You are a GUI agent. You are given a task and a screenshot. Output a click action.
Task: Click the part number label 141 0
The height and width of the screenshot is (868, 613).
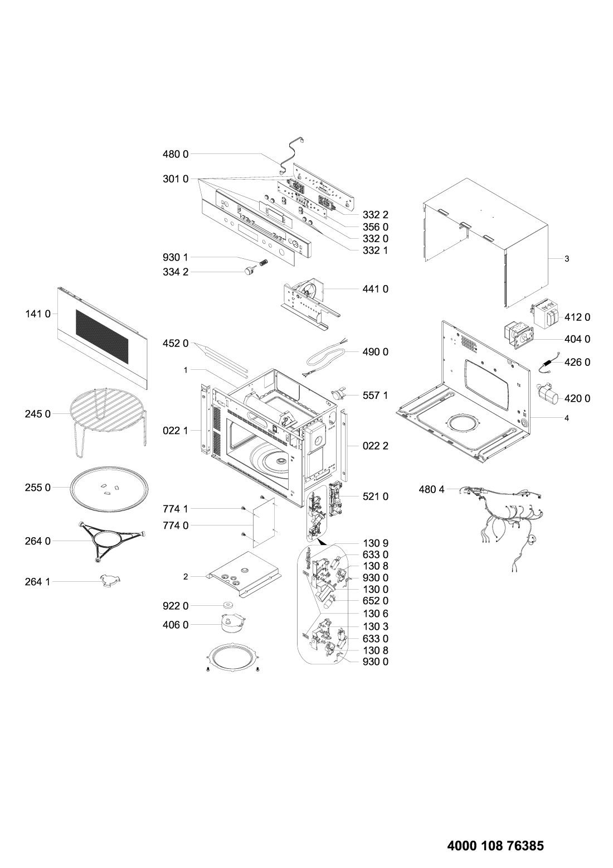pos(38,314)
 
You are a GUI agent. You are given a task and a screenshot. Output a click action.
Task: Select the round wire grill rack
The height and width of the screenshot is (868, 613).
pos(108,423)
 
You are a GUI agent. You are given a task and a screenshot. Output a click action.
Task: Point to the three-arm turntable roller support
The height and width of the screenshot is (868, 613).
pos(111,541)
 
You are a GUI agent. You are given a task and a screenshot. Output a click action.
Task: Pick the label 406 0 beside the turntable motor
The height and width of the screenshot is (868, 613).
pos(176,625)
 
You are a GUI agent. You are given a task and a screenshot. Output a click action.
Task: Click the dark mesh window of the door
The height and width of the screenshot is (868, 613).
pos(101,336)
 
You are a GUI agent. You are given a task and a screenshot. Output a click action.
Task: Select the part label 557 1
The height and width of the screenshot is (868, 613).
pos(376,396)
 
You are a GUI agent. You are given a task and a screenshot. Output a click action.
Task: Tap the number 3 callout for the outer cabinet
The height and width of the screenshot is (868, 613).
pos(567,259)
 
